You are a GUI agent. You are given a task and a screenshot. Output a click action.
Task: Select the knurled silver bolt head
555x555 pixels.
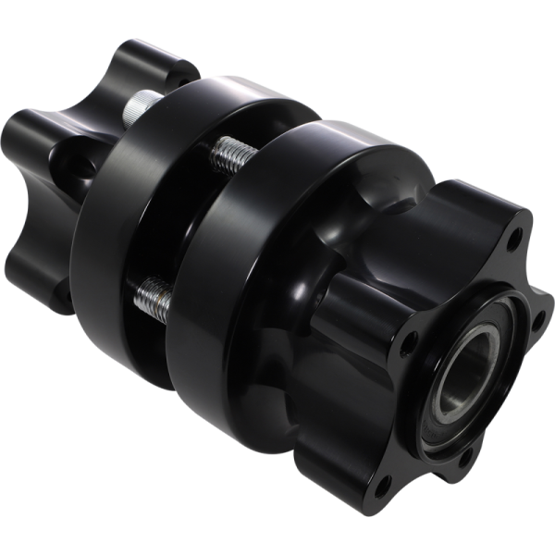[x=141, y=108]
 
